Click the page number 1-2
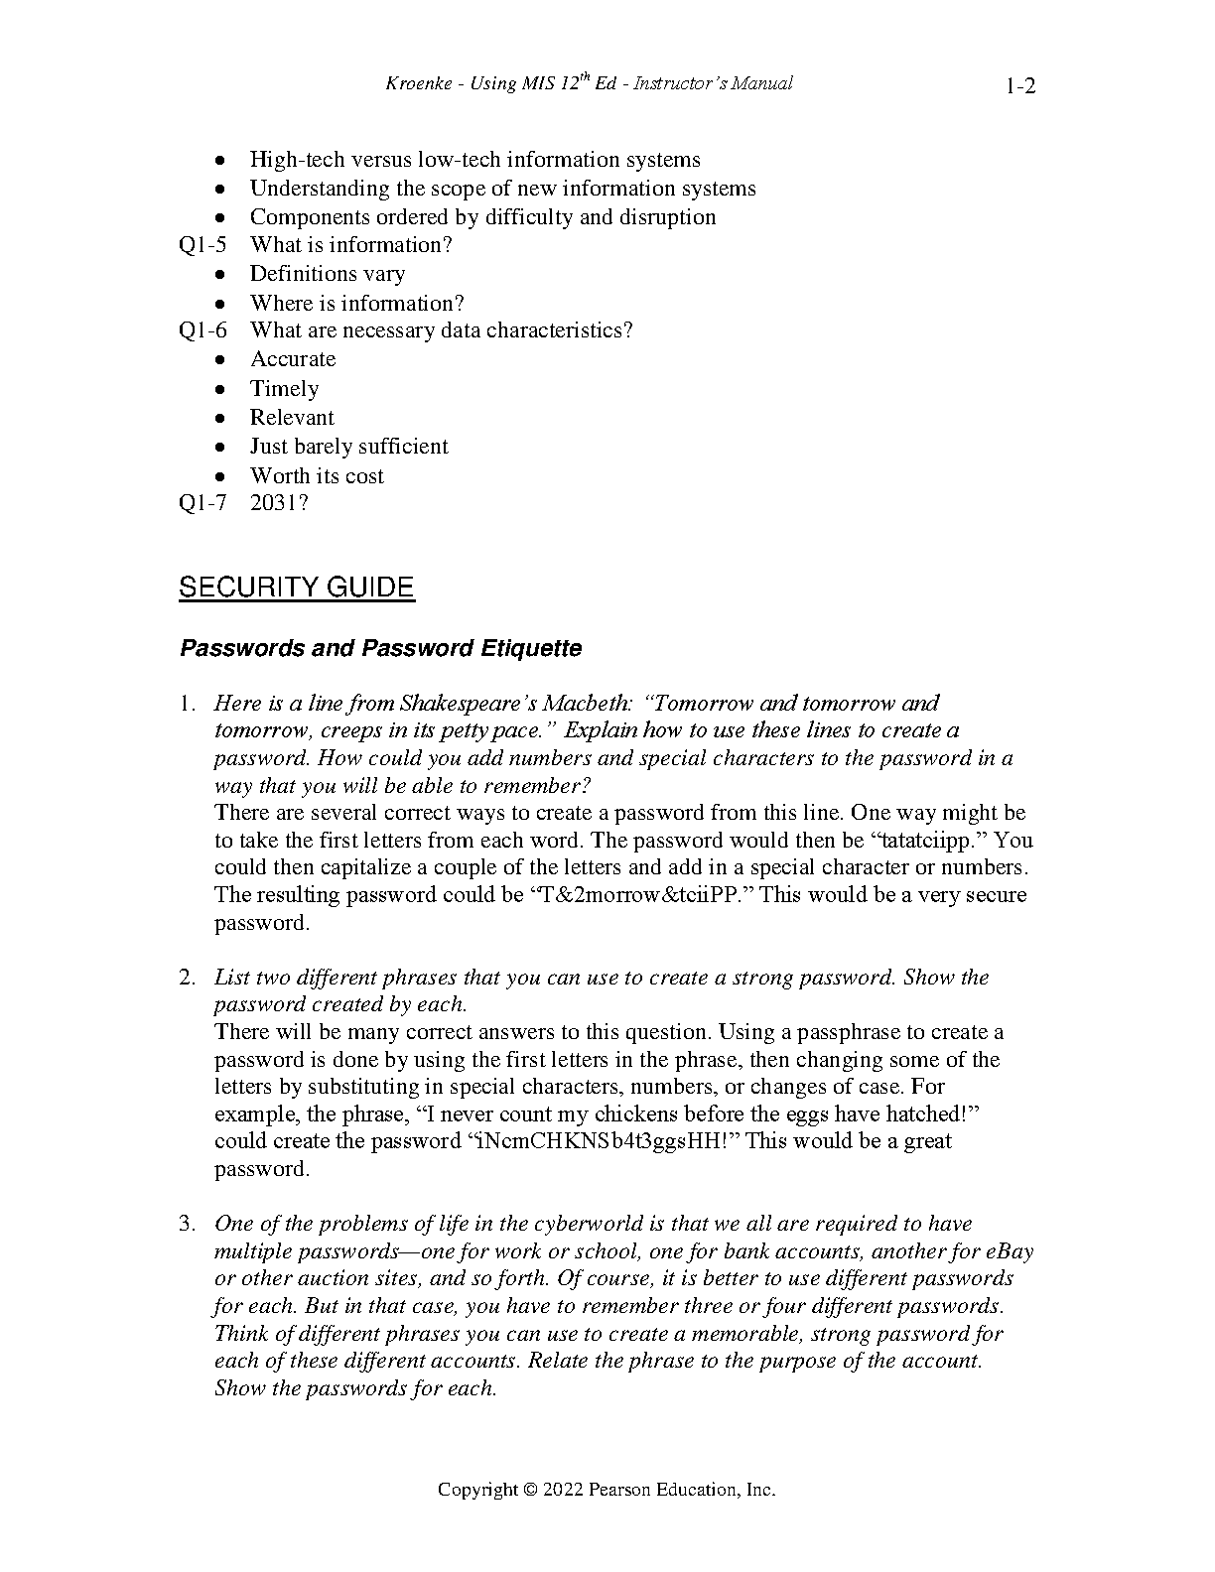[1019, 86]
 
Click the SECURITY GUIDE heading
[296, 588]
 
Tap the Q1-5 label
[202, 245]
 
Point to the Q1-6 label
[202, 330]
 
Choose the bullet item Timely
[284, 389]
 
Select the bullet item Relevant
[292, 418]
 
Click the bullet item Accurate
[293, 359]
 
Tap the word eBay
[1010, 1251]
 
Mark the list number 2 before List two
[187, 978]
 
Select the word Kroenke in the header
[418, 84]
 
